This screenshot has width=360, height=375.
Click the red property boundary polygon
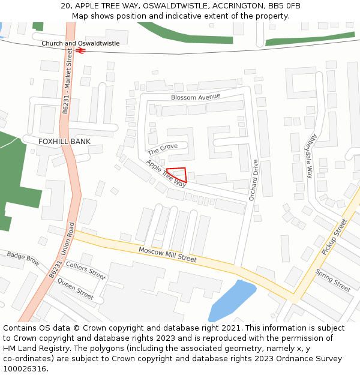178,175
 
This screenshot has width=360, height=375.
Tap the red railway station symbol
80,51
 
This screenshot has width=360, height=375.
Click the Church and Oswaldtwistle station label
80,44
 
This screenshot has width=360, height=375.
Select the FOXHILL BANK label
64,142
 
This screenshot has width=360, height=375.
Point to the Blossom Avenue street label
196,97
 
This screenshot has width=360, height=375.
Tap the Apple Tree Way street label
166,173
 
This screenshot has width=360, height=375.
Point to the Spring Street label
333,280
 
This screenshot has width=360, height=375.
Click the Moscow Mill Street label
167,254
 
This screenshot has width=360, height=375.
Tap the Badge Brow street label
23,259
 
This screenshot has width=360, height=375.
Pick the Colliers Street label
85,269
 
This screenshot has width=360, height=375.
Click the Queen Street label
76,290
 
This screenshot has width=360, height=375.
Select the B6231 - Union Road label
62,250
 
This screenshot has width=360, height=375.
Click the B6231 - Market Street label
68,81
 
